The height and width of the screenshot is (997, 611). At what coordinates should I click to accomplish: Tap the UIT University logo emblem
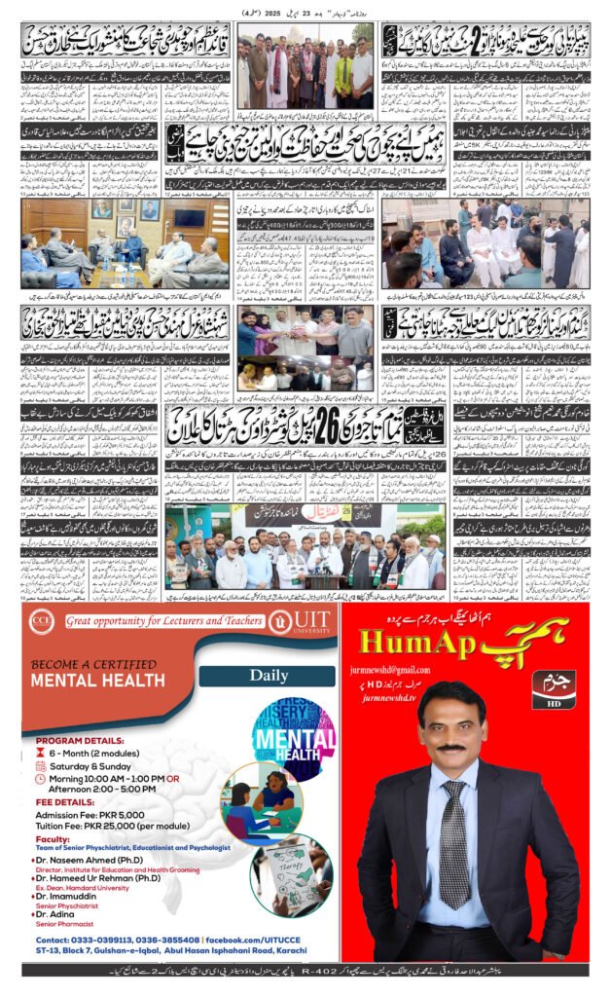pyautogui.click(x=281, y=620)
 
